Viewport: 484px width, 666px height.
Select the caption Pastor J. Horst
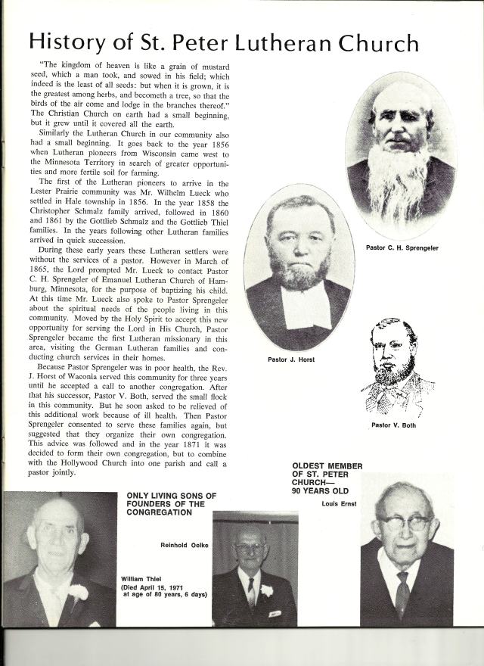pyautogui.click(x=291, y=359)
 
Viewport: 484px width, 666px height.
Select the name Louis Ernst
pyautogui.click(x=338, y=503)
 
